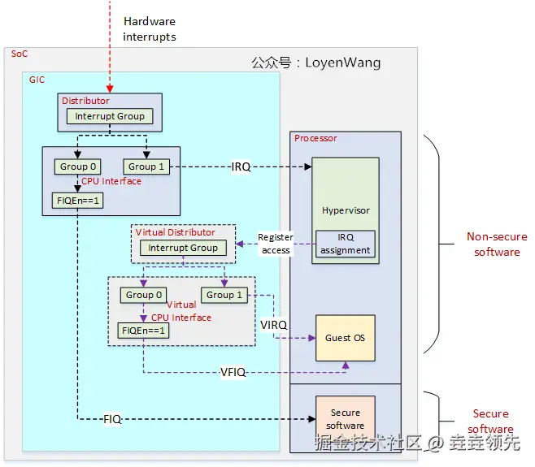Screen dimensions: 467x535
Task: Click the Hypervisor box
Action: [346, 210]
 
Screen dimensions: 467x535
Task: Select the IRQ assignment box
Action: [346, 244]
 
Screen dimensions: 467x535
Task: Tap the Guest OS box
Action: [346, 338]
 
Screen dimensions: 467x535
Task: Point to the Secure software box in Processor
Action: [346, 419]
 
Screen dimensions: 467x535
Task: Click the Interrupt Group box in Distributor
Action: [110, 117]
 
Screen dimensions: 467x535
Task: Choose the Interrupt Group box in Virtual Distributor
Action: [183, 248]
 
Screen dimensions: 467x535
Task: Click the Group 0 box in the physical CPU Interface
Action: [77, 166]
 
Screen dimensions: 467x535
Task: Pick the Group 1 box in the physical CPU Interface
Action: [146, 166]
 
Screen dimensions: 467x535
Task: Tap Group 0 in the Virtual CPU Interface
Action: [144, 295]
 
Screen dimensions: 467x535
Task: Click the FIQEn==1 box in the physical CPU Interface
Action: [78, 200]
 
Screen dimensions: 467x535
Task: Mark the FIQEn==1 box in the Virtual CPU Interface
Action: [143, 331]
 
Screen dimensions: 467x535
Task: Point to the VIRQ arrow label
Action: [274, 325]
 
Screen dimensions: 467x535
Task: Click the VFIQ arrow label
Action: [234, 373]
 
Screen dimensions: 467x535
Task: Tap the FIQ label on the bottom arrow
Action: [112, 420]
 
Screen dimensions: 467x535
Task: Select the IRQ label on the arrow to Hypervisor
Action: [241, 167]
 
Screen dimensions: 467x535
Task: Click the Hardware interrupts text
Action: [149, 28]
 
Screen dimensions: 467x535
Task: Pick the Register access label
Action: [275, 244]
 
